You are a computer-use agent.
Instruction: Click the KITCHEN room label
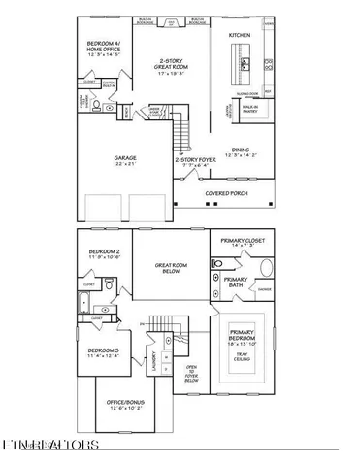click(x=240, y=35)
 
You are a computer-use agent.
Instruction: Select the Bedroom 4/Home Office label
click(x=104, y=48)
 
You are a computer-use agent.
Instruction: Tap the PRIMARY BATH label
click(x=238, y=283)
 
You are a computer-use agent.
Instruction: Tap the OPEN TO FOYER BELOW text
click(x=191, y=374)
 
